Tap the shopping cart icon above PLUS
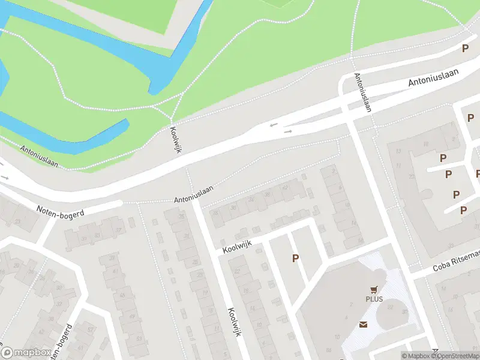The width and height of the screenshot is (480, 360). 376,289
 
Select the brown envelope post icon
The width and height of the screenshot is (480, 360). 363,325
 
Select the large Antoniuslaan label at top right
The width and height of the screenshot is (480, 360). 433,78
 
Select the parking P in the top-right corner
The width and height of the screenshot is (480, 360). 464,49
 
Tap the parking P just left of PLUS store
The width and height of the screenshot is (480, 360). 295,258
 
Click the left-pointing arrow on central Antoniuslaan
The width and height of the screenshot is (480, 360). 274,125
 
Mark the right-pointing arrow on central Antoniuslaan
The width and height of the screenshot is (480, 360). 288,131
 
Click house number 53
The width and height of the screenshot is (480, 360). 140,338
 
